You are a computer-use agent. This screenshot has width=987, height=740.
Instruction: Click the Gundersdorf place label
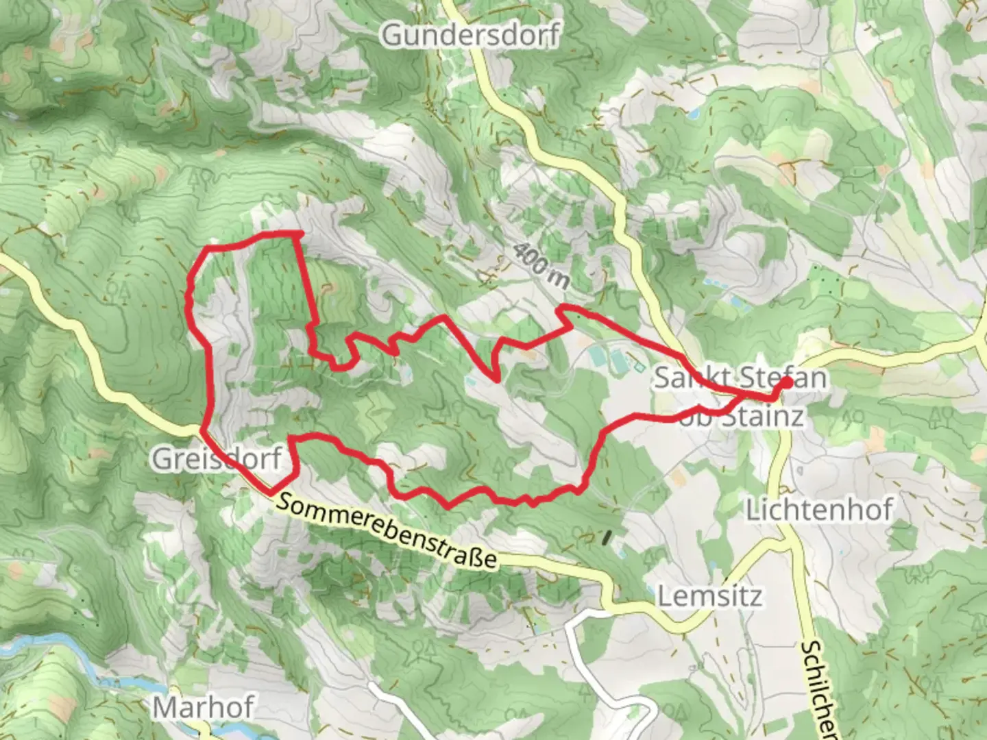(470, 34)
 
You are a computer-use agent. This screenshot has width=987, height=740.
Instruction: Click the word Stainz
(762, 416)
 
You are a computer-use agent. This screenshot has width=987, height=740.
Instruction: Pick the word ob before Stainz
(696, 416)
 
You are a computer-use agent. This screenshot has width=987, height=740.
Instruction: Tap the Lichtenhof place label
(819, 510)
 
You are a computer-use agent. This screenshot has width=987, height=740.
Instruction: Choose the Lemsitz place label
(709, 596)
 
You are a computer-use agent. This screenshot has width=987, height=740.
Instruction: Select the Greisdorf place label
(217, 458)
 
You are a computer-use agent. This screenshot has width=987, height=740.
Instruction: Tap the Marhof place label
(204, 707)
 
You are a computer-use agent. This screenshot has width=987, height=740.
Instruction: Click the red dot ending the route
(785, 383)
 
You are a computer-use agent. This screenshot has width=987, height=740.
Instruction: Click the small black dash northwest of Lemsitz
(606, 537)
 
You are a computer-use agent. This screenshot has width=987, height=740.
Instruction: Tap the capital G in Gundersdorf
(392, 34)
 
